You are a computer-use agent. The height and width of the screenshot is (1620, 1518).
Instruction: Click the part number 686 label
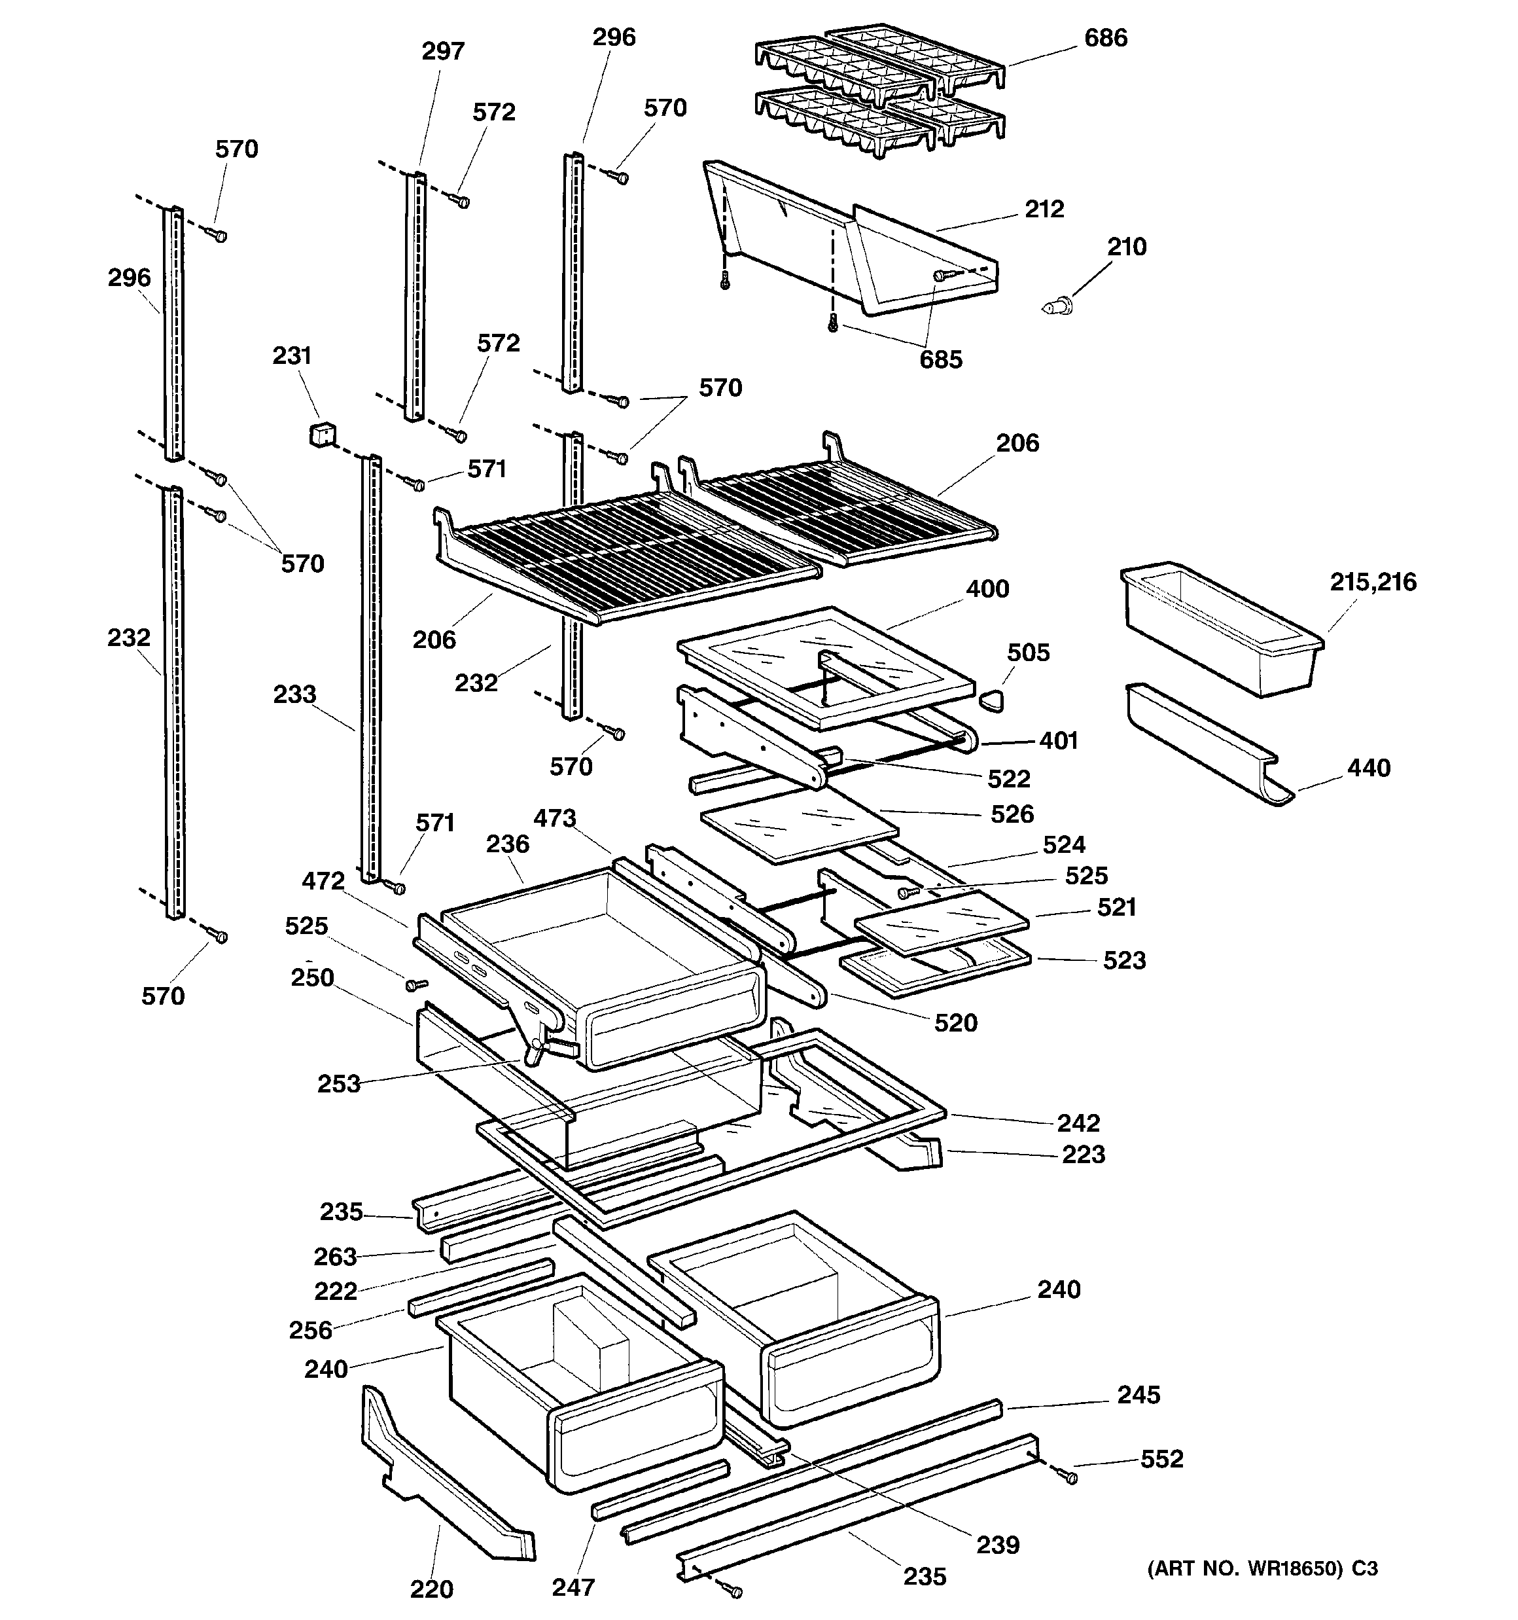pyautogui.click(x=1105, y=39)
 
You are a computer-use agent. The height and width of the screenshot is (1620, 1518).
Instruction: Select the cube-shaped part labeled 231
pyautogui.click(x=322, y=433)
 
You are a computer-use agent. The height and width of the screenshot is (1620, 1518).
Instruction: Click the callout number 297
pyautogui.click(x=442, y=51)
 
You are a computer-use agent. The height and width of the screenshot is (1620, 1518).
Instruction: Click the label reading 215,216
pyautogui.click(x=1373, y=582)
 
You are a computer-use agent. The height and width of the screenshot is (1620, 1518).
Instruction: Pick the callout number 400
pyautogui.click(x=987, y=588)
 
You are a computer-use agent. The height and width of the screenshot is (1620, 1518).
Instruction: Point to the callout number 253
pyautogui.click(x=338, y=1083)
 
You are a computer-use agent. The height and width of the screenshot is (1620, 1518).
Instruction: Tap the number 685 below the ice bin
pyautogui.click(x=940, y=359)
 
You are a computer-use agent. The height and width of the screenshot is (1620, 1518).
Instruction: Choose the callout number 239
pyautogui.click(x=997, y=1544)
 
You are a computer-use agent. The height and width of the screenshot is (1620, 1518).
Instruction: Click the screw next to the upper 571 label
pyautogui.click(x=416, y=485)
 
